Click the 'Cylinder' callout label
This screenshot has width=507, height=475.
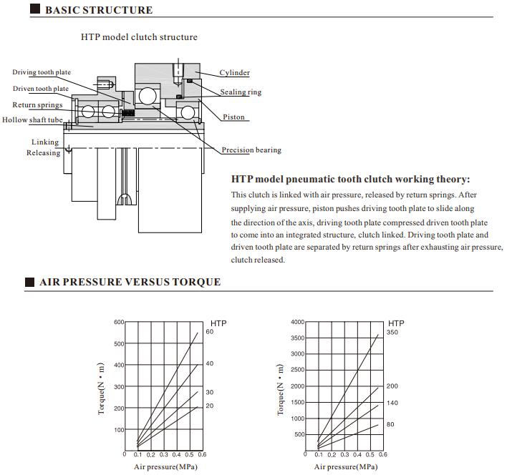click(234, 73)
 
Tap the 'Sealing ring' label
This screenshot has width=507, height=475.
click(241, 92)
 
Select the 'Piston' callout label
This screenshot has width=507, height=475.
click(233, 117)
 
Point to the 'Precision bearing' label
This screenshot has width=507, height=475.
click(251, 150)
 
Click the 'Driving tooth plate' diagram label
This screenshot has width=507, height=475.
click(42, 73)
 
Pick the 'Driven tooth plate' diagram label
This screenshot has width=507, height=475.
click(41, 89)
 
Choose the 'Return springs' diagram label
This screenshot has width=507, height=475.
click(37, 105)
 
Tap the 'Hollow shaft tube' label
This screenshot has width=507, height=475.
click(32, 120)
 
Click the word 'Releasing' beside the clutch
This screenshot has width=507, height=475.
click(44, 153)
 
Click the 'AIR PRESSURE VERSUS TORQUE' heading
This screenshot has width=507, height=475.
click(130, 282)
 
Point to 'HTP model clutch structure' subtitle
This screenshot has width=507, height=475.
click(139, 36)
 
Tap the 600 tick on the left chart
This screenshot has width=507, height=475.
click(119, 322)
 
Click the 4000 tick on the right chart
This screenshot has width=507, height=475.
click(298, 322)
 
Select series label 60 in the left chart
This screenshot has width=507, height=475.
click(210, 332)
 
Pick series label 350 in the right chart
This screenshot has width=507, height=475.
click(392, 333)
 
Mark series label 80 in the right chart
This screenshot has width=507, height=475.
click(390, 425)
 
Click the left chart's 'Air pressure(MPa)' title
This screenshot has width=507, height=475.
click(163, 467)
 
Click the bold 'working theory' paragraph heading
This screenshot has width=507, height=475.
click(350, 180)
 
